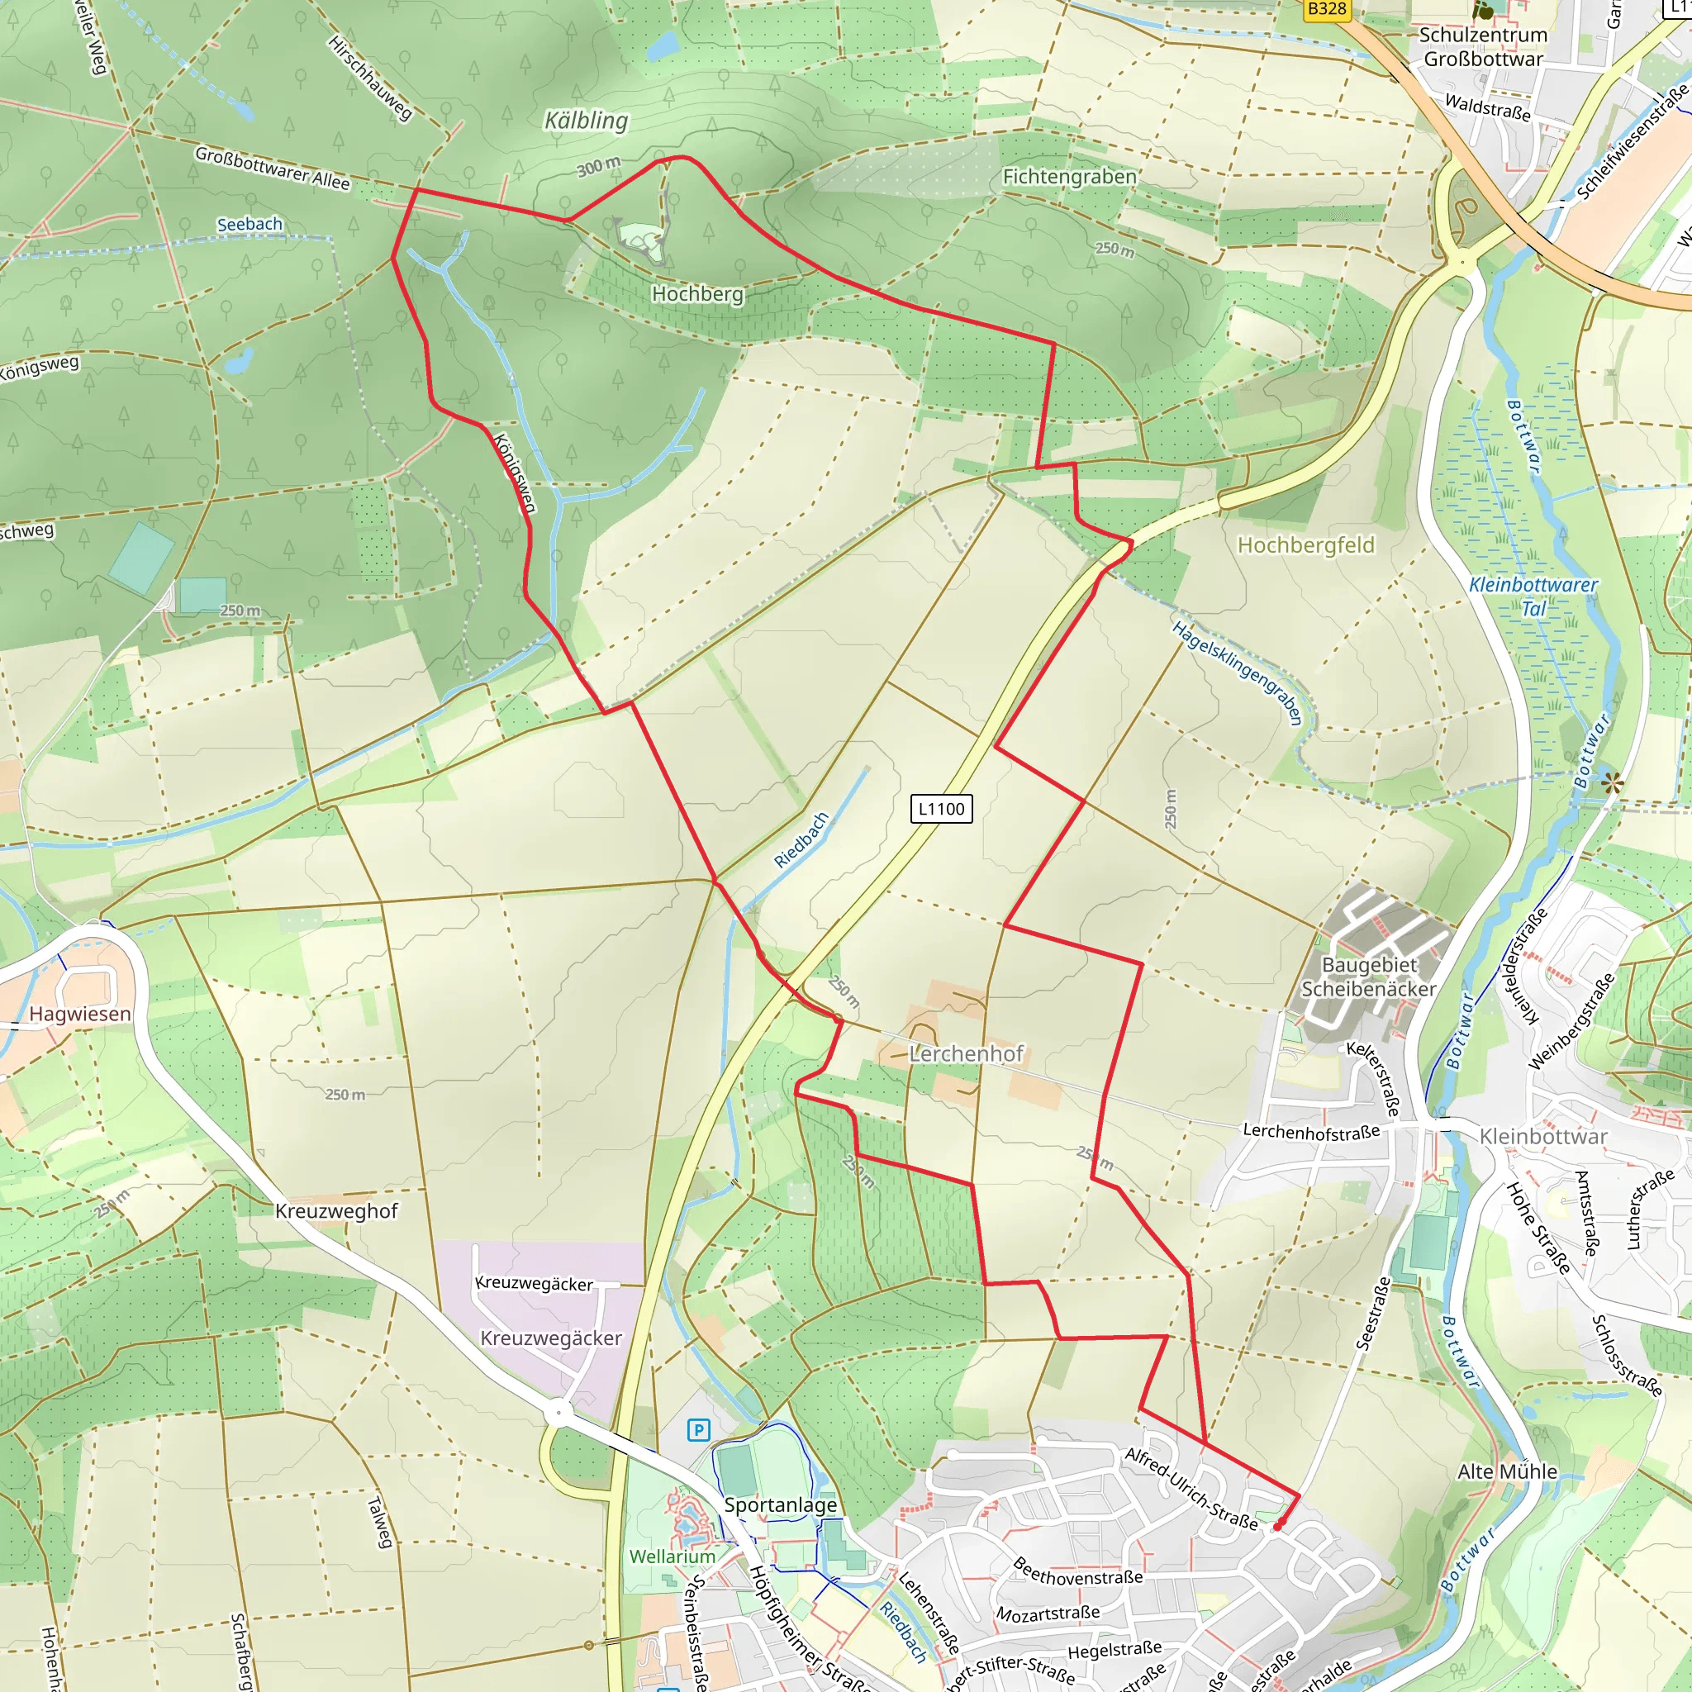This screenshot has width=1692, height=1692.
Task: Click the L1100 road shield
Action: (942, 808)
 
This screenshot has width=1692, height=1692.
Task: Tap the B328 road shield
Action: (1326, 9)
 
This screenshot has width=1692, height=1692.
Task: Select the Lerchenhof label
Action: (966, 1053)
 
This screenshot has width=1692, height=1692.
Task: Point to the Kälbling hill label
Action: (586, 120)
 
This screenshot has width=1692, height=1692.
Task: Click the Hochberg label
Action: (697, 294)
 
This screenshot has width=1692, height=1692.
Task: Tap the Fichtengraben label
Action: (1069, 177)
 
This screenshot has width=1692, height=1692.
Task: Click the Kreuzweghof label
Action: (336, 1211)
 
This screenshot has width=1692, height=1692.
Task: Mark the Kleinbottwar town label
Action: (1543, 1137)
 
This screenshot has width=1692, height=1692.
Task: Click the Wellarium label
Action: (673, 1557)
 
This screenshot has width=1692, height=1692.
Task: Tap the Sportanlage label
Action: (780, 1505)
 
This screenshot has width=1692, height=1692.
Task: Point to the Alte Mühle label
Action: (1507, 1472)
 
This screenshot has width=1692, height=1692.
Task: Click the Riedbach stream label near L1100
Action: (801, 840)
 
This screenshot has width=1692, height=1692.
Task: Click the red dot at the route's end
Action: (1277, 1527)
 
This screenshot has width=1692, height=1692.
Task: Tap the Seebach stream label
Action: (250, 224)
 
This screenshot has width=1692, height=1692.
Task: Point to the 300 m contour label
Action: (598, 165)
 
